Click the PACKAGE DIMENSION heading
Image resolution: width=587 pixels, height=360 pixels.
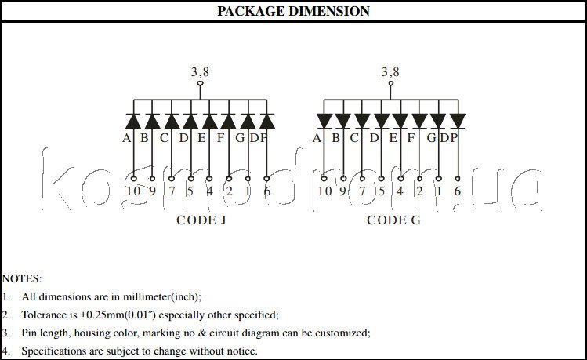click(x=293, y=11)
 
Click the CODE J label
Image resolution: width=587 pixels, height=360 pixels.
click(x=201, y=220)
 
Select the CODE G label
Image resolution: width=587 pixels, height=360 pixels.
click(x=393, y=220)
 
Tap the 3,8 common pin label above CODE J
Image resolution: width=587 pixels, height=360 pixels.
click(x=200, y=72)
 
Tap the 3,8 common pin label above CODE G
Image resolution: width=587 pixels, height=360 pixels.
click(x=390, y=72)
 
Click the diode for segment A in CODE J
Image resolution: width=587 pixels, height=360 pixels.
click(x=133, y=121)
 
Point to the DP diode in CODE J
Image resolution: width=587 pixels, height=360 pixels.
click(x=267, y=121)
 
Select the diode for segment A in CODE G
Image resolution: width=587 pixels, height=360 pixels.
click(x=324, y=121)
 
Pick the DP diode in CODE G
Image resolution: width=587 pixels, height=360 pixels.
click(x=458, y=121)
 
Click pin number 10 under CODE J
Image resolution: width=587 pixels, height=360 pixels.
click(x=132, y=191)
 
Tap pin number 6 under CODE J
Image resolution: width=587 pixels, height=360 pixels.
click(x=267, y=191)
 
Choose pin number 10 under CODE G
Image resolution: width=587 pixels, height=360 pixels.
click(x=324, y=191)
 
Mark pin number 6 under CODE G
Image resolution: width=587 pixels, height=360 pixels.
click(x=458, y=191)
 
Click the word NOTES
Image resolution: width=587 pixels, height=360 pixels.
click(x=22, y=278)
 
